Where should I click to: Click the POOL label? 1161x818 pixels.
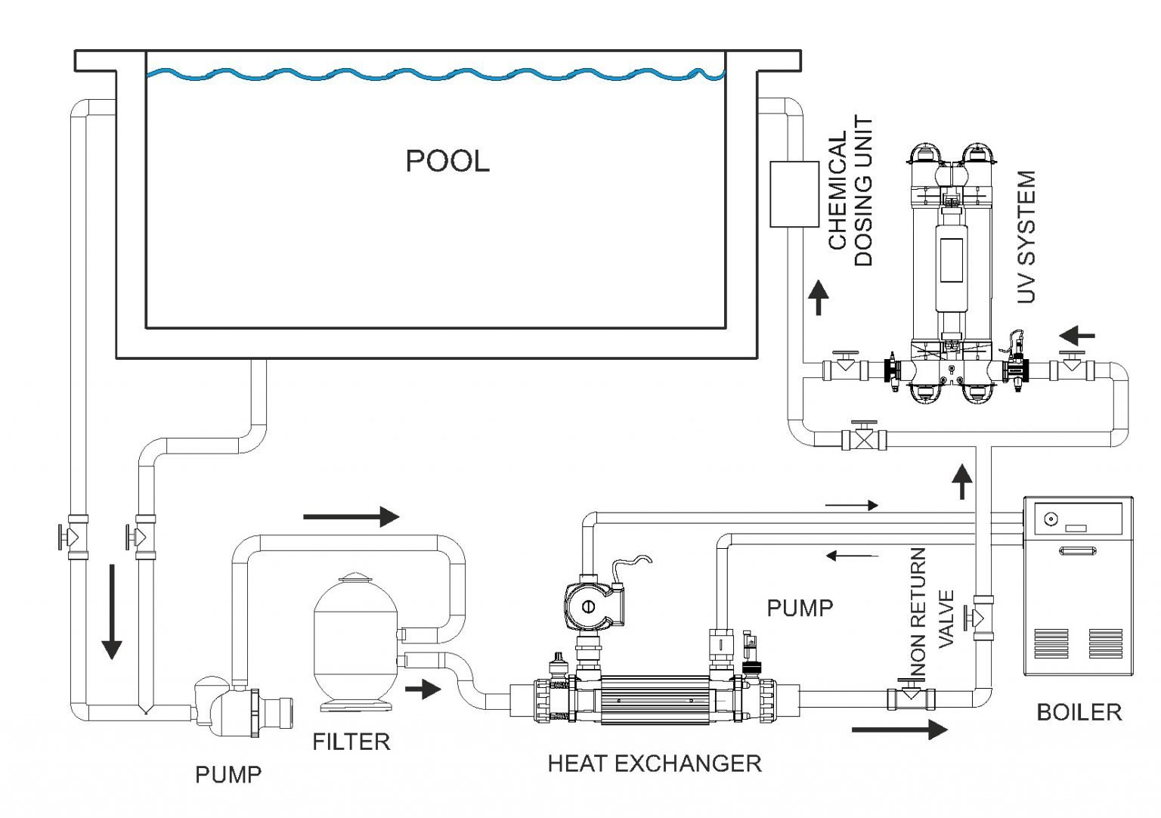coord(447,161)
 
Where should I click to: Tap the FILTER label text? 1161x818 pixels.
coord(351,742)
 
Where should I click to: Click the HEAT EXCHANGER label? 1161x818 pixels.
coord(654,764)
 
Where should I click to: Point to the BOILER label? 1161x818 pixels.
coord(1079,712)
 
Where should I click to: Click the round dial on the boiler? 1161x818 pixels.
coord(1049,520)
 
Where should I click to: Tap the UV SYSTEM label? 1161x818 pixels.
coord(1026,237)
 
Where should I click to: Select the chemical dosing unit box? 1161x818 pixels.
coord(794,194)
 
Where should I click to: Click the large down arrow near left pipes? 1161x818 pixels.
coord(112,612)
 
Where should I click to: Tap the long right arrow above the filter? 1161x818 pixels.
coord(351,517)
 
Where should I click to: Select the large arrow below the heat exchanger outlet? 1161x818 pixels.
coord(899,730)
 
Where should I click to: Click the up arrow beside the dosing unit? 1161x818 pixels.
coord(818,297)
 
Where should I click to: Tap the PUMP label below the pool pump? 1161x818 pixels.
coord(228,775)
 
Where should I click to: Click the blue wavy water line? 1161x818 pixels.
coord(435,74)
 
